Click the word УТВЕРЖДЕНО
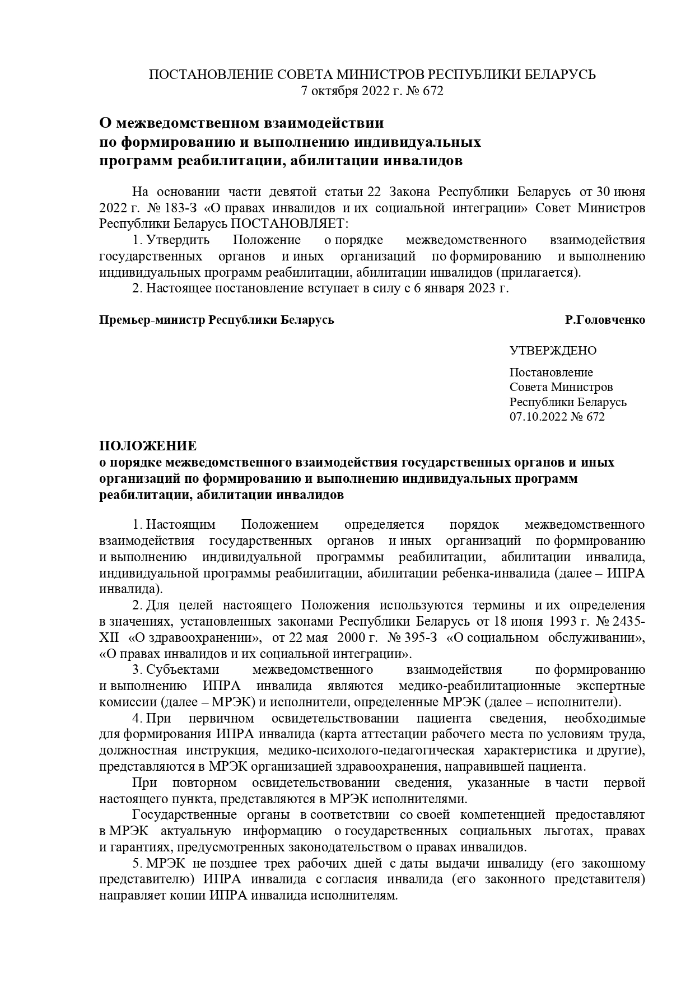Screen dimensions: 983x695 [x=553, y=351]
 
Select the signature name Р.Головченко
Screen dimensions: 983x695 [x=605, y=320]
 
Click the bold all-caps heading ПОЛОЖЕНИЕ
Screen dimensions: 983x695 [x=148, y=446]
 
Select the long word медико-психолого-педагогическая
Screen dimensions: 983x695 [x=372, y=751]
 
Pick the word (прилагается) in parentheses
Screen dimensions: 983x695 [x=540, y=273]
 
